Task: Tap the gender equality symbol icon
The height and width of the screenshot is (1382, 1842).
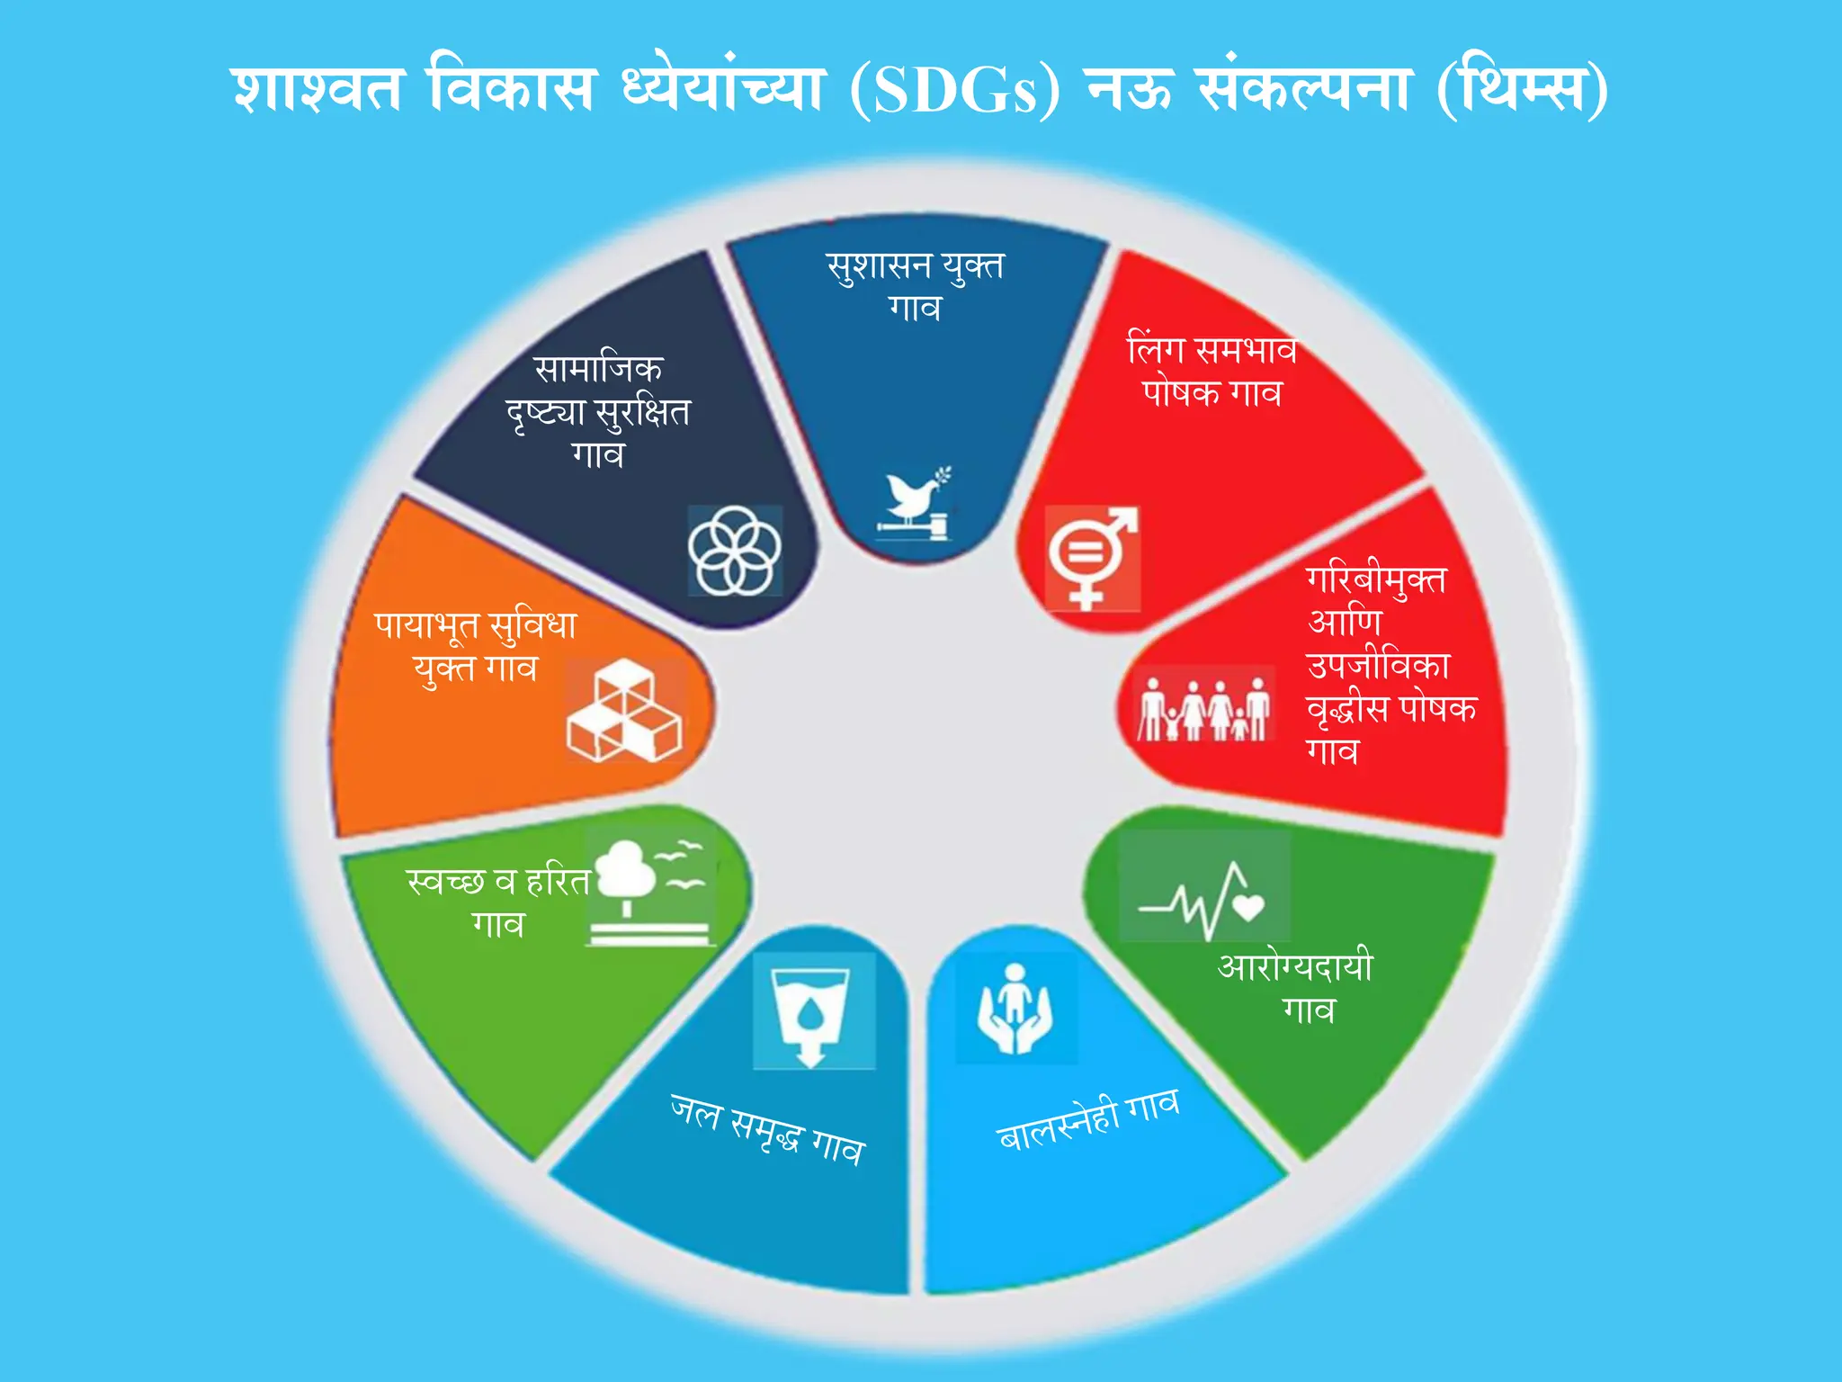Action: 1092,557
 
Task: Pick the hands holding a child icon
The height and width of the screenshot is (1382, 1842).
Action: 1015,1009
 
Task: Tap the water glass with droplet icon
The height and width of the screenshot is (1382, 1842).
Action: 811,1013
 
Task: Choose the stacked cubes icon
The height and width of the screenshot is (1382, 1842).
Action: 624,711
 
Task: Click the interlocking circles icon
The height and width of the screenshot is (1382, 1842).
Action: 734,550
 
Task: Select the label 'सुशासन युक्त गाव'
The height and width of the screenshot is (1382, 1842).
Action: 915,286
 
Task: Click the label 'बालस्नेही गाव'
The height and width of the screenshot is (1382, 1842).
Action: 1088,1120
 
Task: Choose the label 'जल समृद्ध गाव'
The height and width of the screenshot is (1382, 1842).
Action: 767,1130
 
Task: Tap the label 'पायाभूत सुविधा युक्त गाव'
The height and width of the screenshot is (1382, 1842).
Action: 476,646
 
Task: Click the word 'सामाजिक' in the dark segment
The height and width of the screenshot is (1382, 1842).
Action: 598,369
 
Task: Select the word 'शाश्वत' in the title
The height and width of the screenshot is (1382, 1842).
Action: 317,90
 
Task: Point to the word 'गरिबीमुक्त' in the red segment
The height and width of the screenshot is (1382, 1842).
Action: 1376,579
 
